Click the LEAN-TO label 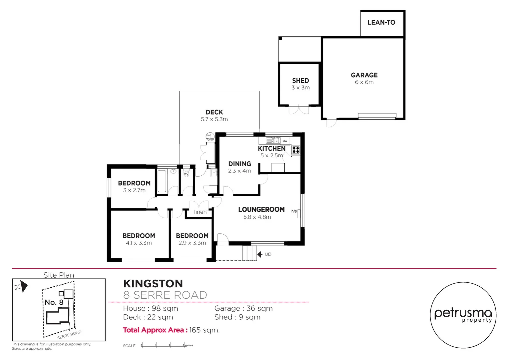point(381,22)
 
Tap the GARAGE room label point(364,75)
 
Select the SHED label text point(300,81)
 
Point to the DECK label point(214,112)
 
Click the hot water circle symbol point(210,137)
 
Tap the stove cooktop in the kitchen point(296,150)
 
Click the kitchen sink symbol point(273,141)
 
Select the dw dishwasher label point(285,141)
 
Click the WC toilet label point(186,174)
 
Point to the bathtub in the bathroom point(162,181)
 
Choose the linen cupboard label point(200,212)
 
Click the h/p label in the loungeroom point(294,211)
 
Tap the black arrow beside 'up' point(259,254)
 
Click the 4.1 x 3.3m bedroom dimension point(139,243)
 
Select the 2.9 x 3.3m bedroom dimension point(192,243)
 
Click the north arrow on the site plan point(23,286)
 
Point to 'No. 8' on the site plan point(54,302)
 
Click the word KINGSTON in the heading point(153,284)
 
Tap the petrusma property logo point(463,315)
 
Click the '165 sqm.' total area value point(204,330)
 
